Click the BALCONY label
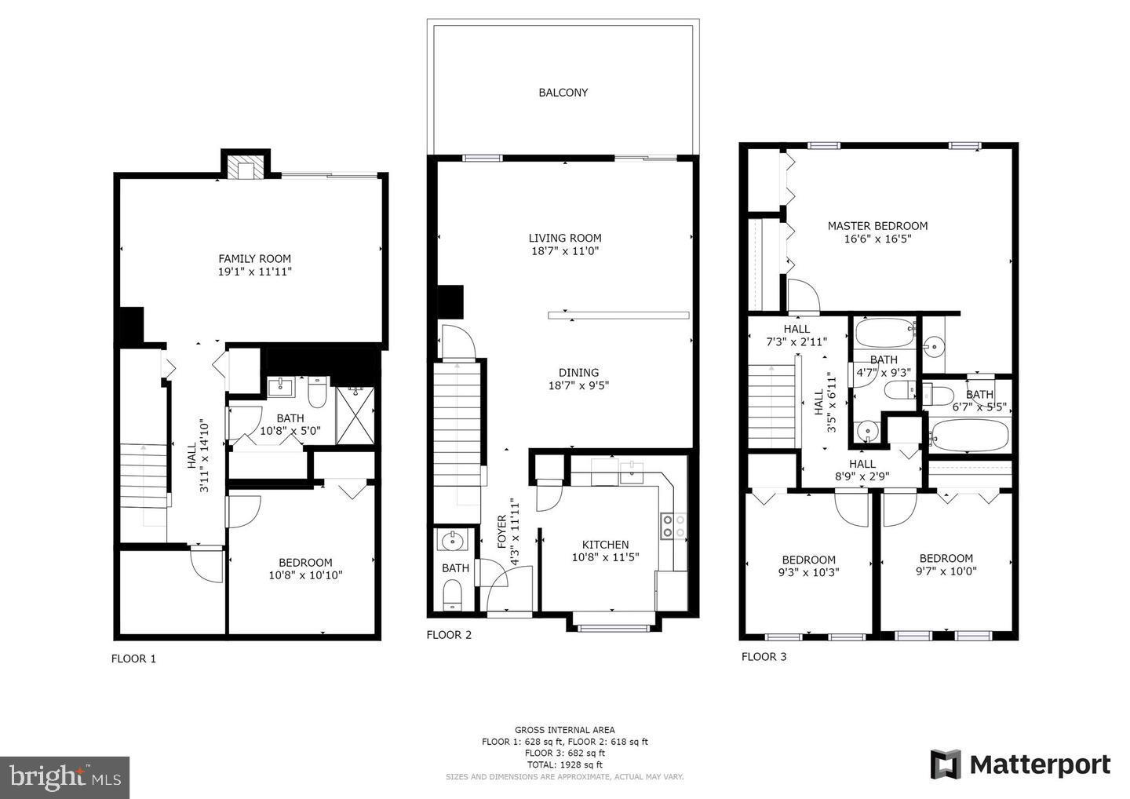click(x=563, y=93)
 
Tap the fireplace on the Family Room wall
click(x=246, y=166)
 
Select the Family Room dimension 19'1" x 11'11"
click(x=254, y=272)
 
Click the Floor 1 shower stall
click(x=355, y=416)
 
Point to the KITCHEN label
click(x=605, y=545)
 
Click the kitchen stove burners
click(x=673, y=526)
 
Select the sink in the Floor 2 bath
click(x=452, y=541)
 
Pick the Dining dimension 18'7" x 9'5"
click(x=578, y=385)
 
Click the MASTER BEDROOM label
click(x=877, y=226)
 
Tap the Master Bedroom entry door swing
click(x=803, y=295)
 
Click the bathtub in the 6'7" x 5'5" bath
click(x=968, y=434)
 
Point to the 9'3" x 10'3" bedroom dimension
click(x=808, y=572)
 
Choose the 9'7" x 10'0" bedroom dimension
click(x=946, y=571)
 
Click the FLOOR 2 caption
click(x=449, y=635)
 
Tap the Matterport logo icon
click(x=946, y=764)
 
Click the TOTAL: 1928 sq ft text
click(x=564, y=764)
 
